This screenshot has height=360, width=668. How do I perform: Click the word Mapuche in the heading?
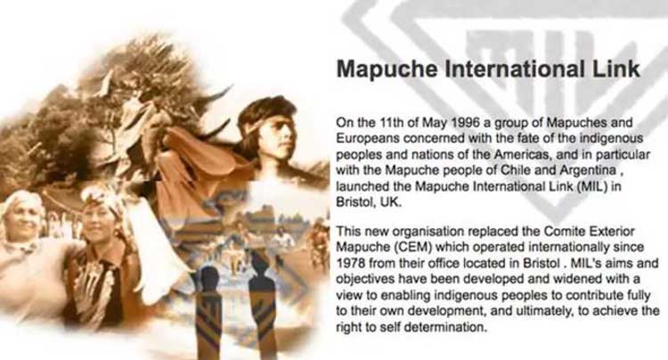(x=387, y=70)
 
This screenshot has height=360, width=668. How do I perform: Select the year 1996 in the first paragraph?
(x=463, y=123)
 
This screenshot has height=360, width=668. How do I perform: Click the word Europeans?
(x=368, y=139)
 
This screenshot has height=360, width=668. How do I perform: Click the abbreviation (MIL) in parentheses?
(x=592, y=186)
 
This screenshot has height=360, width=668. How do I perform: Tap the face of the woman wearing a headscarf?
(x=97, y=223)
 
